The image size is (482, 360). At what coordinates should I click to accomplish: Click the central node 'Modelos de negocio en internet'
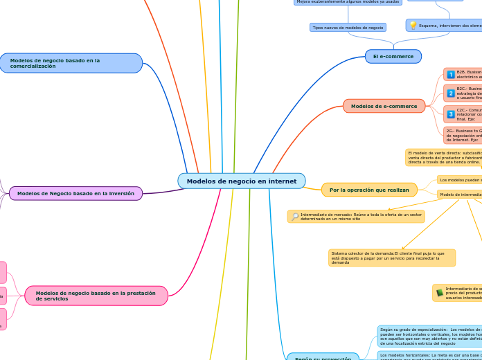click(241, 181)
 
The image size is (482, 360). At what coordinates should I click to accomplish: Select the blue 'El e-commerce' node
click(393, 56)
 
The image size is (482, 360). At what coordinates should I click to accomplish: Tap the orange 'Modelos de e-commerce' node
click(384, 106)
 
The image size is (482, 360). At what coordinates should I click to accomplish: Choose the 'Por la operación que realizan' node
click(369, 190)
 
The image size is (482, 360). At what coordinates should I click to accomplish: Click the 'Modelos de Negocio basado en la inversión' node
click(75, 194)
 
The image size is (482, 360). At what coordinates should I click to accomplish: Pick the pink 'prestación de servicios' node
click(96, 296)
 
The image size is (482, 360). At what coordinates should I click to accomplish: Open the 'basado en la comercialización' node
click(71, 63)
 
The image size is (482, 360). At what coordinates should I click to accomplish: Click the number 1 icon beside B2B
click(451, 75)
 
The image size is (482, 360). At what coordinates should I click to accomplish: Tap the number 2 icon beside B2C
click(451, 93)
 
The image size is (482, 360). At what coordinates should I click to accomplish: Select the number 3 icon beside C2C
click(451, 114)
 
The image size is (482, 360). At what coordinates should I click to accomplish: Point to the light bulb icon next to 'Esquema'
click(413, 26)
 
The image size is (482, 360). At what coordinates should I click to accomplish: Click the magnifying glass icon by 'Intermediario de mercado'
click(295, 217)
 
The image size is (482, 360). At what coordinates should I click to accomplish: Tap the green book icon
click(440, 293)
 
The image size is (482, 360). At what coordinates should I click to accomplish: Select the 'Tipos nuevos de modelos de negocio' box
click(348, 28)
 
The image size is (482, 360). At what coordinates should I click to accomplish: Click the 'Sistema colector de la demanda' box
click(392, 258)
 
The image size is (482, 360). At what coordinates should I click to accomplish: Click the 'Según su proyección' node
click(323, 358)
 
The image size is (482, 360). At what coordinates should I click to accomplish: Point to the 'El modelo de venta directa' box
click(443, 157)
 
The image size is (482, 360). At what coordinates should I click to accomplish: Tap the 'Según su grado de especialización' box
click(429, 336)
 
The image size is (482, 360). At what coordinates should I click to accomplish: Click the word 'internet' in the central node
click(283, 181)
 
